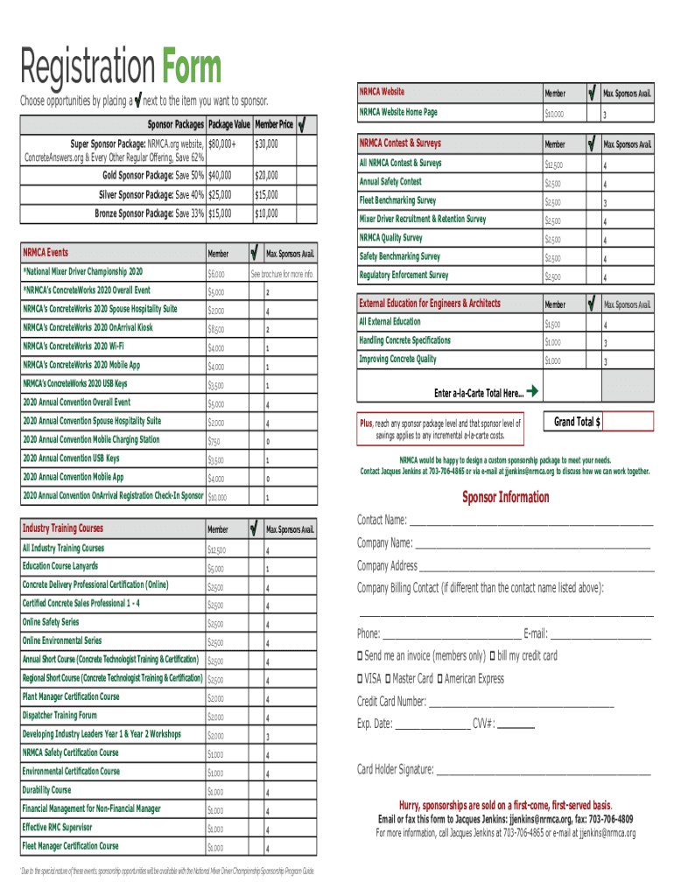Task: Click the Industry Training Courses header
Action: click(62, 528)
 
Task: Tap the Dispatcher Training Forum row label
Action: click(60, 715)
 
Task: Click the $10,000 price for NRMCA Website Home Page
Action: click(554, 114)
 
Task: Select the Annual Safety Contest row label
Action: click(390, 182)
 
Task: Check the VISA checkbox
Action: click(361, 679)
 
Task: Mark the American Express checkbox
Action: click(439, 679)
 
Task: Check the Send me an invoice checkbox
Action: click(361, 656)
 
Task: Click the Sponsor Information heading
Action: click(505, 498)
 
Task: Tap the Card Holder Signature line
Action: click(543, 771)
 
